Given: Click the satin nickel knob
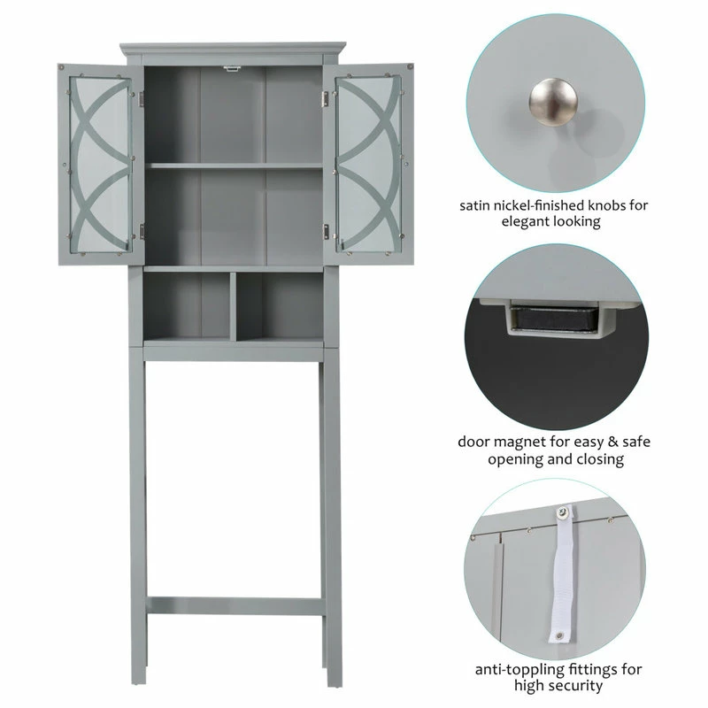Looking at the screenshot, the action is pos(553,102).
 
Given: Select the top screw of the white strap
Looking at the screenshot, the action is pos(562,512).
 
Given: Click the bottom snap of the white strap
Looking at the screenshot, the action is pos(559,635).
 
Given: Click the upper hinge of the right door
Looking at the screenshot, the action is pos(325,99).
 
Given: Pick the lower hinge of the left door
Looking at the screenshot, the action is pos(142,232).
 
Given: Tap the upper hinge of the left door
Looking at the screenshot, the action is pos(142,99).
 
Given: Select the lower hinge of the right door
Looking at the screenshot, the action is pos(325,232).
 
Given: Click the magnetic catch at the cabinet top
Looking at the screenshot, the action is pos(231,69).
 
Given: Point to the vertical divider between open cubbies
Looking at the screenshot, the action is pos(233,306).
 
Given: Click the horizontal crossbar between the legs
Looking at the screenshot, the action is pos(235,606).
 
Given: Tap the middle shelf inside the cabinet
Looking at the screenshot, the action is pos(234,165).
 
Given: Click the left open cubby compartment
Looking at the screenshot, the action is pos(187,306).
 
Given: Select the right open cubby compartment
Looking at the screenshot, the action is pos(280,306).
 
